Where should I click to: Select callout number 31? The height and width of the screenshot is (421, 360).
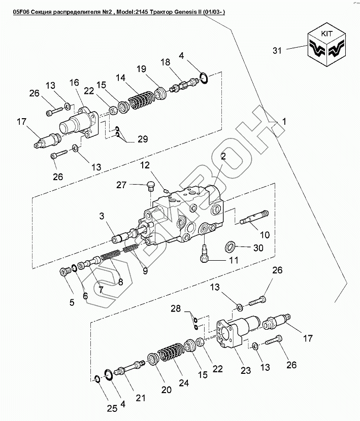click(x=276, y=50)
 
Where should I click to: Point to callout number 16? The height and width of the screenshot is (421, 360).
click(x=75, y=82)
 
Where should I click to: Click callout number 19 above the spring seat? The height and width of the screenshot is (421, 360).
click(x=142, y=68)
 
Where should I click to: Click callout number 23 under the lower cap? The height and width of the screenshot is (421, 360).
click(x=245, y=370)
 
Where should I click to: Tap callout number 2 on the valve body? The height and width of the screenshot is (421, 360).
click(x=222, y=157)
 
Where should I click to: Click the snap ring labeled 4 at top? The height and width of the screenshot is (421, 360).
click(x=203, y=78)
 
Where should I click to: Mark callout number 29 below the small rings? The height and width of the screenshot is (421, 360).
click(x=143, y=139)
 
